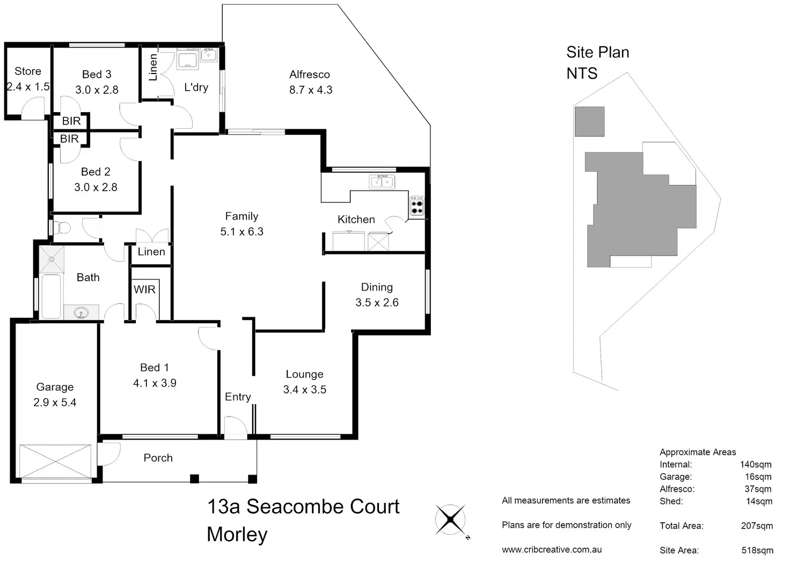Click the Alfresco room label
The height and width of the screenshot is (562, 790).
click(310, 75)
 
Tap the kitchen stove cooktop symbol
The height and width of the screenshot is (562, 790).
click(417, 206)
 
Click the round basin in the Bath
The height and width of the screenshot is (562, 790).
click(82, 312)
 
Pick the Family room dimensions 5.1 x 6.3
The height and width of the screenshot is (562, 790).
click(242, 232)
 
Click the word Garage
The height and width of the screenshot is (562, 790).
click(55, 387)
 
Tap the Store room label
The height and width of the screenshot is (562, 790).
click(28, 71)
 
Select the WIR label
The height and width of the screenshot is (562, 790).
click(144, 290)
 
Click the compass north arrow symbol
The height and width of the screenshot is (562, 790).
click(450, 520)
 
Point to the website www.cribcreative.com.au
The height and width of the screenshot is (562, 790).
click(551, 550)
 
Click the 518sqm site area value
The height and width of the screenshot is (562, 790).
click(757, 550)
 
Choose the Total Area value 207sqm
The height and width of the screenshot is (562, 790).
click(757, 525)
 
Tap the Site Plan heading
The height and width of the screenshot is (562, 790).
click(597, 53)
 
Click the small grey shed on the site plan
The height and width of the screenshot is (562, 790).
click(589, 121)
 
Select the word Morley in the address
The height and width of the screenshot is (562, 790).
click(237, 535)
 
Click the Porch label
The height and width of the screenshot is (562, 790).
click(158, 458)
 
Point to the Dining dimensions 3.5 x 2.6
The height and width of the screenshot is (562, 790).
click(377, 303)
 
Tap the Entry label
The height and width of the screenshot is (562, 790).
click(238, 397)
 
